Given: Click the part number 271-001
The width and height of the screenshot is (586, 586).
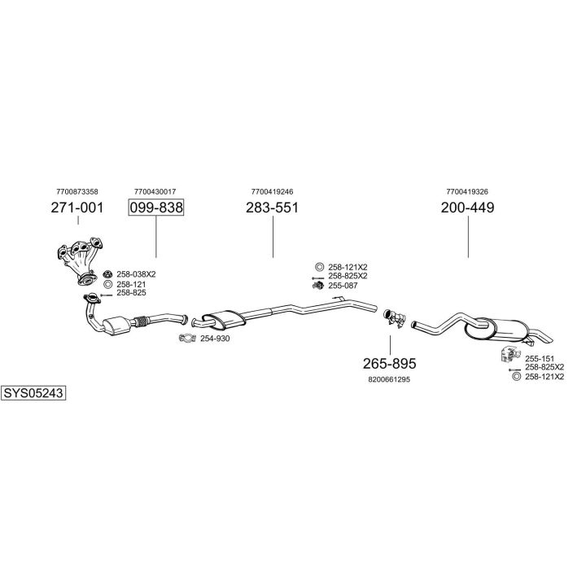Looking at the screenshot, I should tap(77, 208).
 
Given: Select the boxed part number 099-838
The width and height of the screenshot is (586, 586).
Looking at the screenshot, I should tap(155, 208).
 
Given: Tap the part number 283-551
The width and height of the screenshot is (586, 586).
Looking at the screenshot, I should tap(272, 208).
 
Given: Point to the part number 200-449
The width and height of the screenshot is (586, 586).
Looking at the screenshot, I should tap(467, 208).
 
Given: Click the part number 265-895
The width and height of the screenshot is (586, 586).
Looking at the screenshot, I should tap(389, 363).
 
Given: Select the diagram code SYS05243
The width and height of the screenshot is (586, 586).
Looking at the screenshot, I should tap(33, 392).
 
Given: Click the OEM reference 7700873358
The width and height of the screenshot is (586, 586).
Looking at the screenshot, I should tap(77, 191).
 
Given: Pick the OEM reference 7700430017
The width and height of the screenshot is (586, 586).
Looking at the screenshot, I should tap(155, 191).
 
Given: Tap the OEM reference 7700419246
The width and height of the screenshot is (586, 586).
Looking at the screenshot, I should tap(272, 191).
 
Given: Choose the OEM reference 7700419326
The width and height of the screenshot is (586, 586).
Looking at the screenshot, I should tap(467, 191).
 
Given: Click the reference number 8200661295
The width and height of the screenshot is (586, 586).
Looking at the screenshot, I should tap(389, 379).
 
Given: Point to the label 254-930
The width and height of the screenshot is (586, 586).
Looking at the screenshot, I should tap(216, 339).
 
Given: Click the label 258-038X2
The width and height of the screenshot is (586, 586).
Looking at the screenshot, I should tap(136, 274).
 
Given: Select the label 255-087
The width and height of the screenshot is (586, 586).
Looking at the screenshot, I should tap(343, 286).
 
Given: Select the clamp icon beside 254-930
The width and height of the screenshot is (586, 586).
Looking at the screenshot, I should tap(188, 339).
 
